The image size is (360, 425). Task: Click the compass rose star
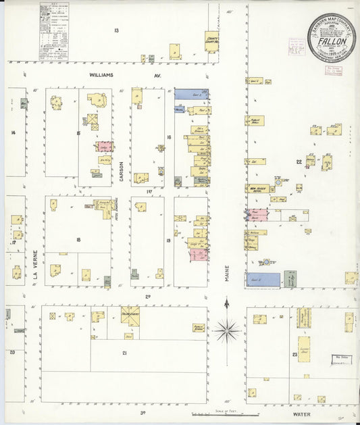tap(228, 330)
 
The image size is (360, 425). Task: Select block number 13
tap(116, 31)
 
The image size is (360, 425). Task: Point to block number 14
tap(12, 132)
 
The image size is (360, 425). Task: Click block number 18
tap(78, 240)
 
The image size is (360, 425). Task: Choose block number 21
tap(124, 353)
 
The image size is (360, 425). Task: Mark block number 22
tap(298, 162)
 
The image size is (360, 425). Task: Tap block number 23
tap(294, 354)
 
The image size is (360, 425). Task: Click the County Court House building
tap(211, 40)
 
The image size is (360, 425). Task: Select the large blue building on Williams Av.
tap(191, 95)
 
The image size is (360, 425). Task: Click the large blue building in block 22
tap(263, 279)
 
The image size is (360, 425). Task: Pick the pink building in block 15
tap(105, 146)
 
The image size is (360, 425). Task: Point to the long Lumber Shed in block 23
tap(304, 349)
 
